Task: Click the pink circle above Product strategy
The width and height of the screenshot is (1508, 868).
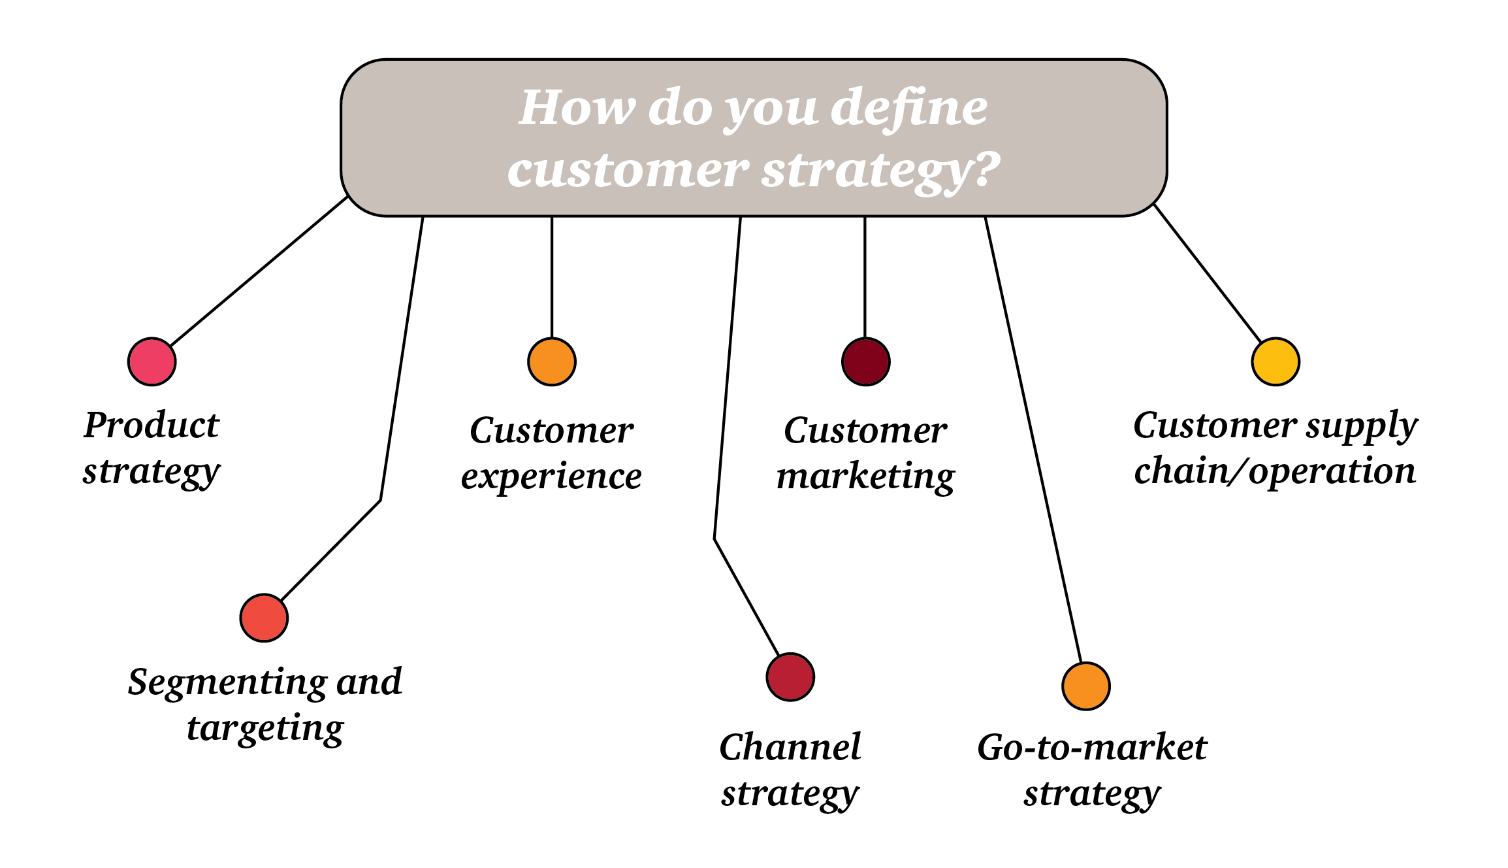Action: pos(152,361)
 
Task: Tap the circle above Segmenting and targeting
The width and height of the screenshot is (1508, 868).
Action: pos(264,618)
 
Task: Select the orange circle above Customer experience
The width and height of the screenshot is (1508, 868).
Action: pos(552,361)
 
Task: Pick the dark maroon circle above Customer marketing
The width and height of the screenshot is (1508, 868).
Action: pos(866,361)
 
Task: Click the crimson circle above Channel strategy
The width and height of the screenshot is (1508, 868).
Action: pos(790,676)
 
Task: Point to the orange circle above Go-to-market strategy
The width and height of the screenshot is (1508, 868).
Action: pos(1086,686)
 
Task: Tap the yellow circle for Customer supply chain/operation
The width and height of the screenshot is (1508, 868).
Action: pos(1275,361)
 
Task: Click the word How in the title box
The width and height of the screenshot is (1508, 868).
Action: pos(576,108)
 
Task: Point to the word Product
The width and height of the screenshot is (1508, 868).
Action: pos(152,426)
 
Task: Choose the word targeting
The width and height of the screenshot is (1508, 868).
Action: pos(265,729)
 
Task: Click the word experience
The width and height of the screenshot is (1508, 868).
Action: pos(551,476)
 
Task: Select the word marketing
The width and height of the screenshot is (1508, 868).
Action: pos(865,476)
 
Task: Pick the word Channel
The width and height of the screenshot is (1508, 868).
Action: pos(790,747)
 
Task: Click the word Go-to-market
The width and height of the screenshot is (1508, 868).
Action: pos(1092,747)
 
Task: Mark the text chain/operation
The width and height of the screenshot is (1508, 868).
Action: pos(1275,471)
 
